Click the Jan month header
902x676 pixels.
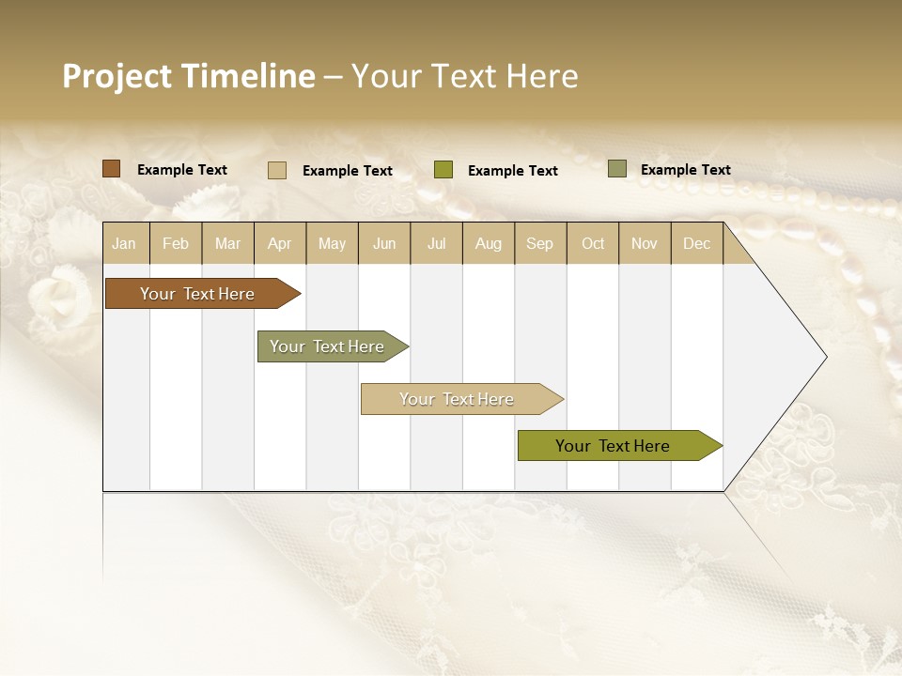pos(124,243)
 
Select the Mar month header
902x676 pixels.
pos(227,243)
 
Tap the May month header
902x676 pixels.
pos(332,243)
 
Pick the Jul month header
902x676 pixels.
pos(436,243)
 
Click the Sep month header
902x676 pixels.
pos(539,243)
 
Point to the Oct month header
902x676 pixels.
pos(593,243)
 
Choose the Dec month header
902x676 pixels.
pos(696,243)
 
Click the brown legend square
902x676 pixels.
pos(111,169)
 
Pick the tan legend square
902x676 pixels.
pos(276,170)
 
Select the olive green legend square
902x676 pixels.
pos(443,170)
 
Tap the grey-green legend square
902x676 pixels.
pos(616,169)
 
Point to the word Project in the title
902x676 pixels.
pos(117,76)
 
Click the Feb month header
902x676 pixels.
pos(175,243)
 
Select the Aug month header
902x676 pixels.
pos(488,243)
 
